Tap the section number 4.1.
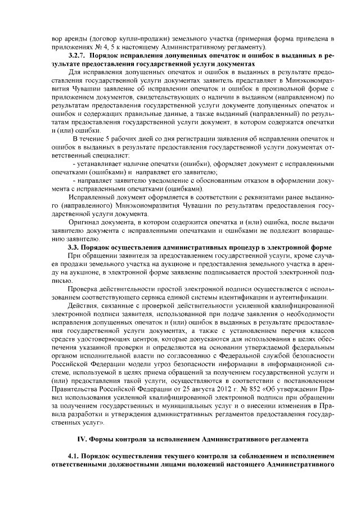coord(74,456)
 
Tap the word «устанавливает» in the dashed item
coord(105,163)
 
